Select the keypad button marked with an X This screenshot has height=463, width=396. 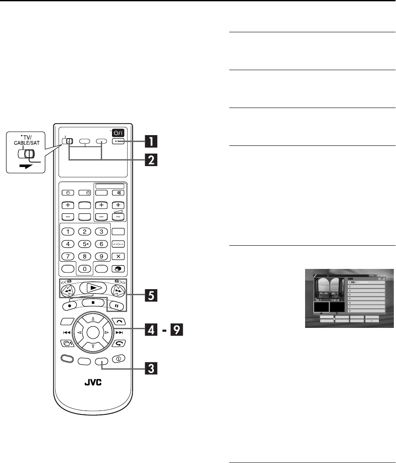click(x=117, y=256)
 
